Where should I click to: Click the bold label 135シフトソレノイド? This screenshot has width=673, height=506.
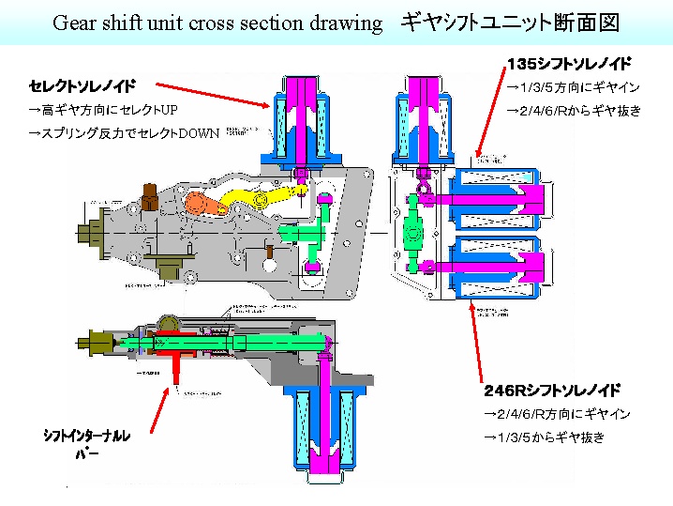click(568, 64)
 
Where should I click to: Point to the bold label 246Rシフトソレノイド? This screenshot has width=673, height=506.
click(552, 390)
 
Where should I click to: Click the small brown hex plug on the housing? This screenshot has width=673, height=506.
click(147, 197)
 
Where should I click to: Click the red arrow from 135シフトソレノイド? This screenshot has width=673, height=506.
click(493, 122)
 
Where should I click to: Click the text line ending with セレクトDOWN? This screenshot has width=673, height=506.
click(123, 132)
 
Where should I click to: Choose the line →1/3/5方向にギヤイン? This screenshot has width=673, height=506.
click(573, 87)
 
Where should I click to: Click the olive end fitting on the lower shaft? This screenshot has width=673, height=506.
click(100, 337)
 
